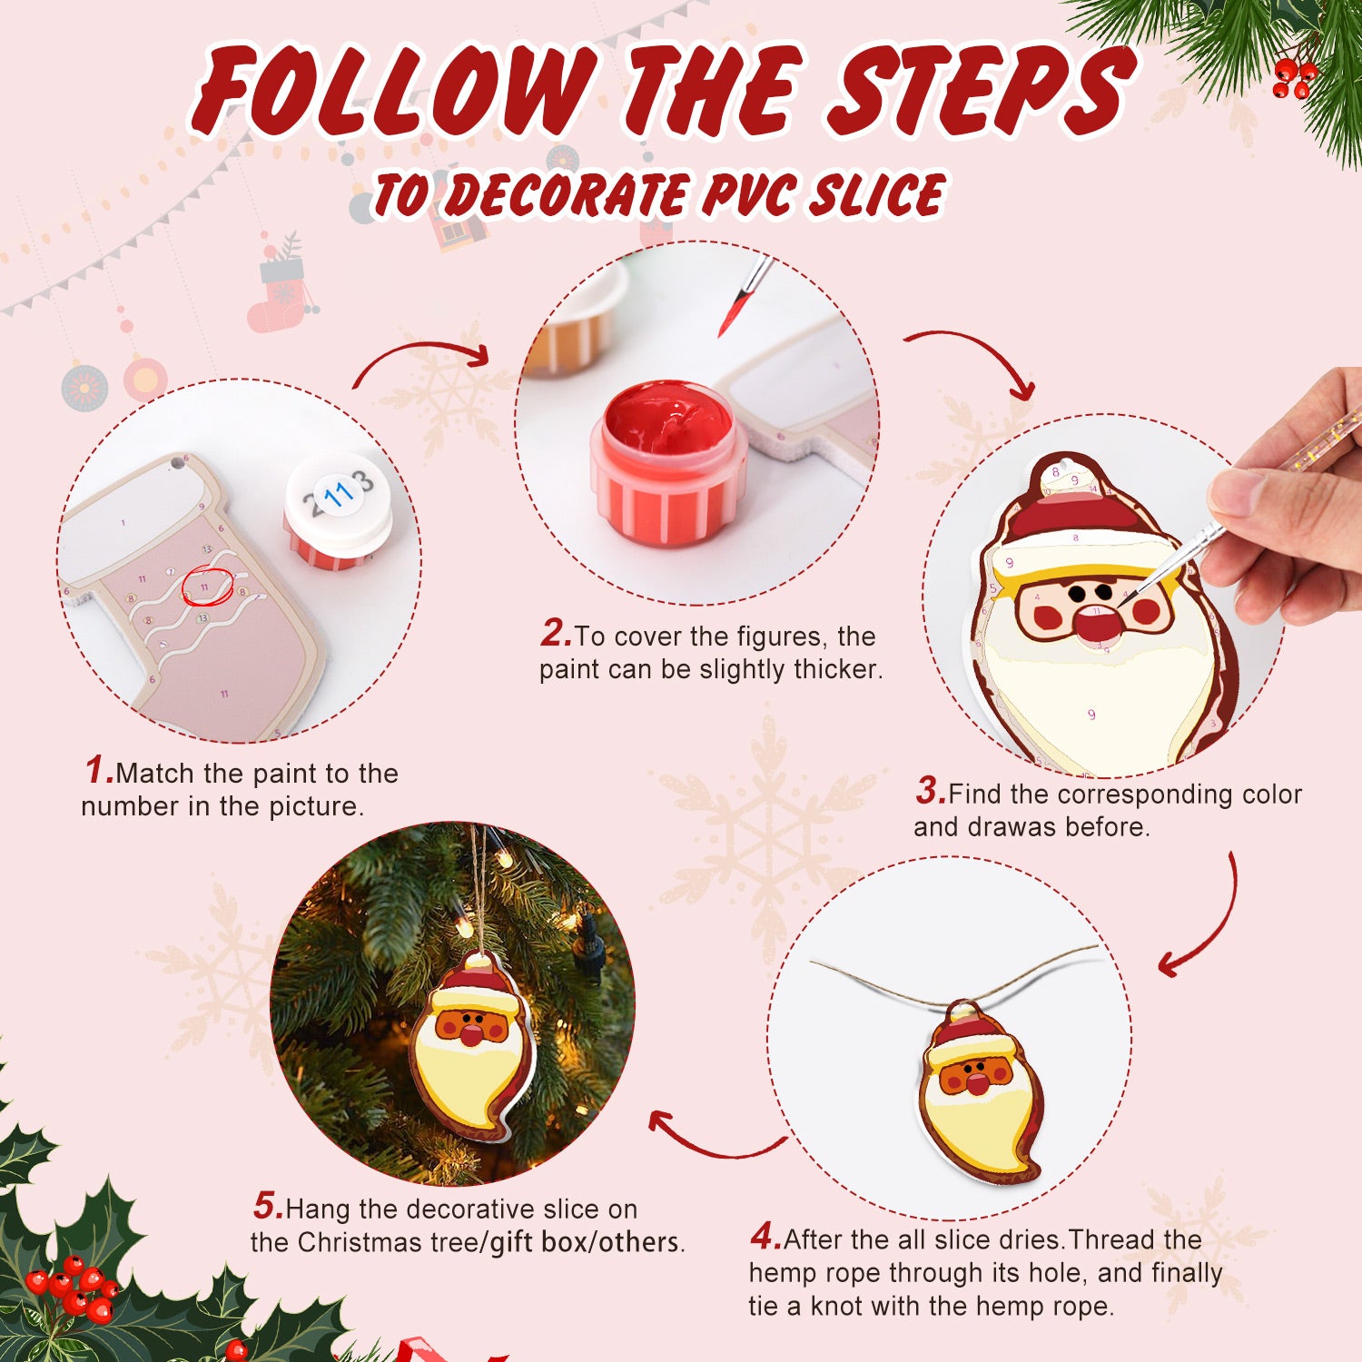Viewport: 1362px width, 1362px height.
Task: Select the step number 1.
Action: pos(98,771)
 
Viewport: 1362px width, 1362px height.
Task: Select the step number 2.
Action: pos(555,634)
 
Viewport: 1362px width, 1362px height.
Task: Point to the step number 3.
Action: pos(930,791)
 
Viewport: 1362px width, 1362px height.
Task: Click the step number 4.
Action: pos(765,1237)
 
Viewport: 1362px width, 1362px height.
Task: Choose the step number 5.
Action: pos(268,1207)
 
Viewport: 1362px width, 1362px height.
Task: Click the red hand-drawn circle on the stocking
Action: pos(208,587)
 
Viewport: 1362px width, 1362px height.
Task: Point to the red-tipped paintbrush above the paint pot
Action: pos(743,296)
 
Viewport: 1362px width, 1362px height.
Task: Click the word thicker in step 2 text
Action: pos(835,670)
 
